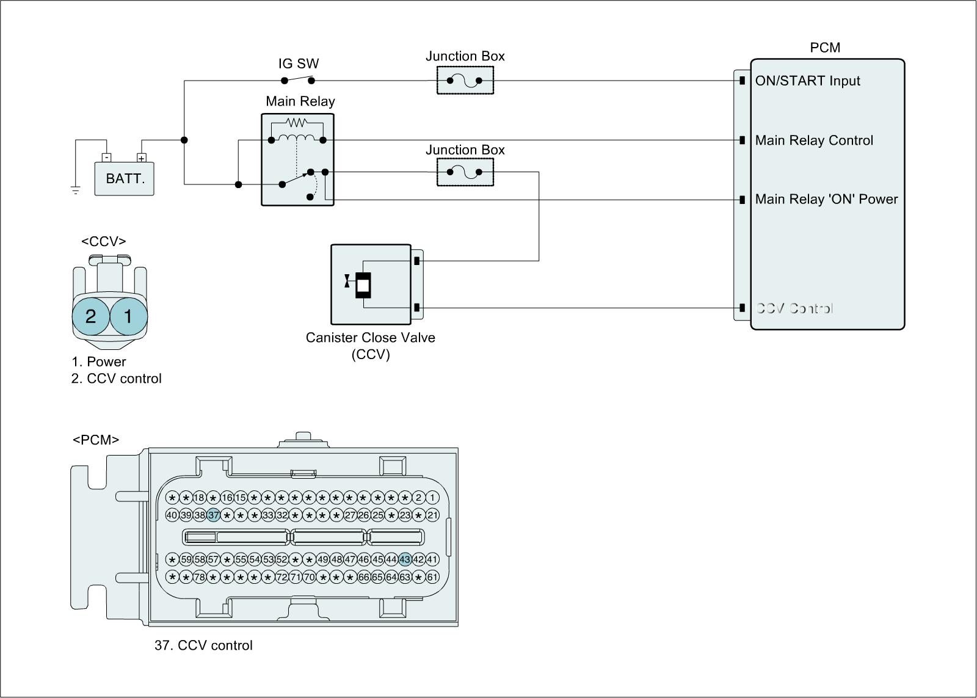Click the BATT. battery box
125,179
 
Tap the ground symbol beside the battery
76,190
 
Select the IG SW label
299,64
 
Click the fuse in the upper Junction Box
465,81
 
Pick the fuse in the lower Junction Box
465,172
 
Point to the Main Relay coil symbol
297,137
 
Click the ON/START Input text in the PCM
807,81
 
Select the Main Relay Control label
814,140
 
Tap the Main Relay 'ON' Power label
826,199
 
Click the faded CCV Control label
794,308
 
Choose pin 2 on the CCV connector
90,316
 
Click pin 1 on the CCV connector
128,316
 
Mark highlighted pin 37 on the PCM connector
213,515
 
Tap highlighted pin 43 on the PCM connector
405,559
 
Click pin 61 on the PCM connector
432,576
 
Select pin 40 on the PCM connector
172,515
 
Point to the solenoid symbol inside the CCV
363,285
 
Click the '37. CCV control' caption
203,645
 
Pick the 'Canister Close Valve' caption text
371,338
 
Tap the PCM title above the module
825,48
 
